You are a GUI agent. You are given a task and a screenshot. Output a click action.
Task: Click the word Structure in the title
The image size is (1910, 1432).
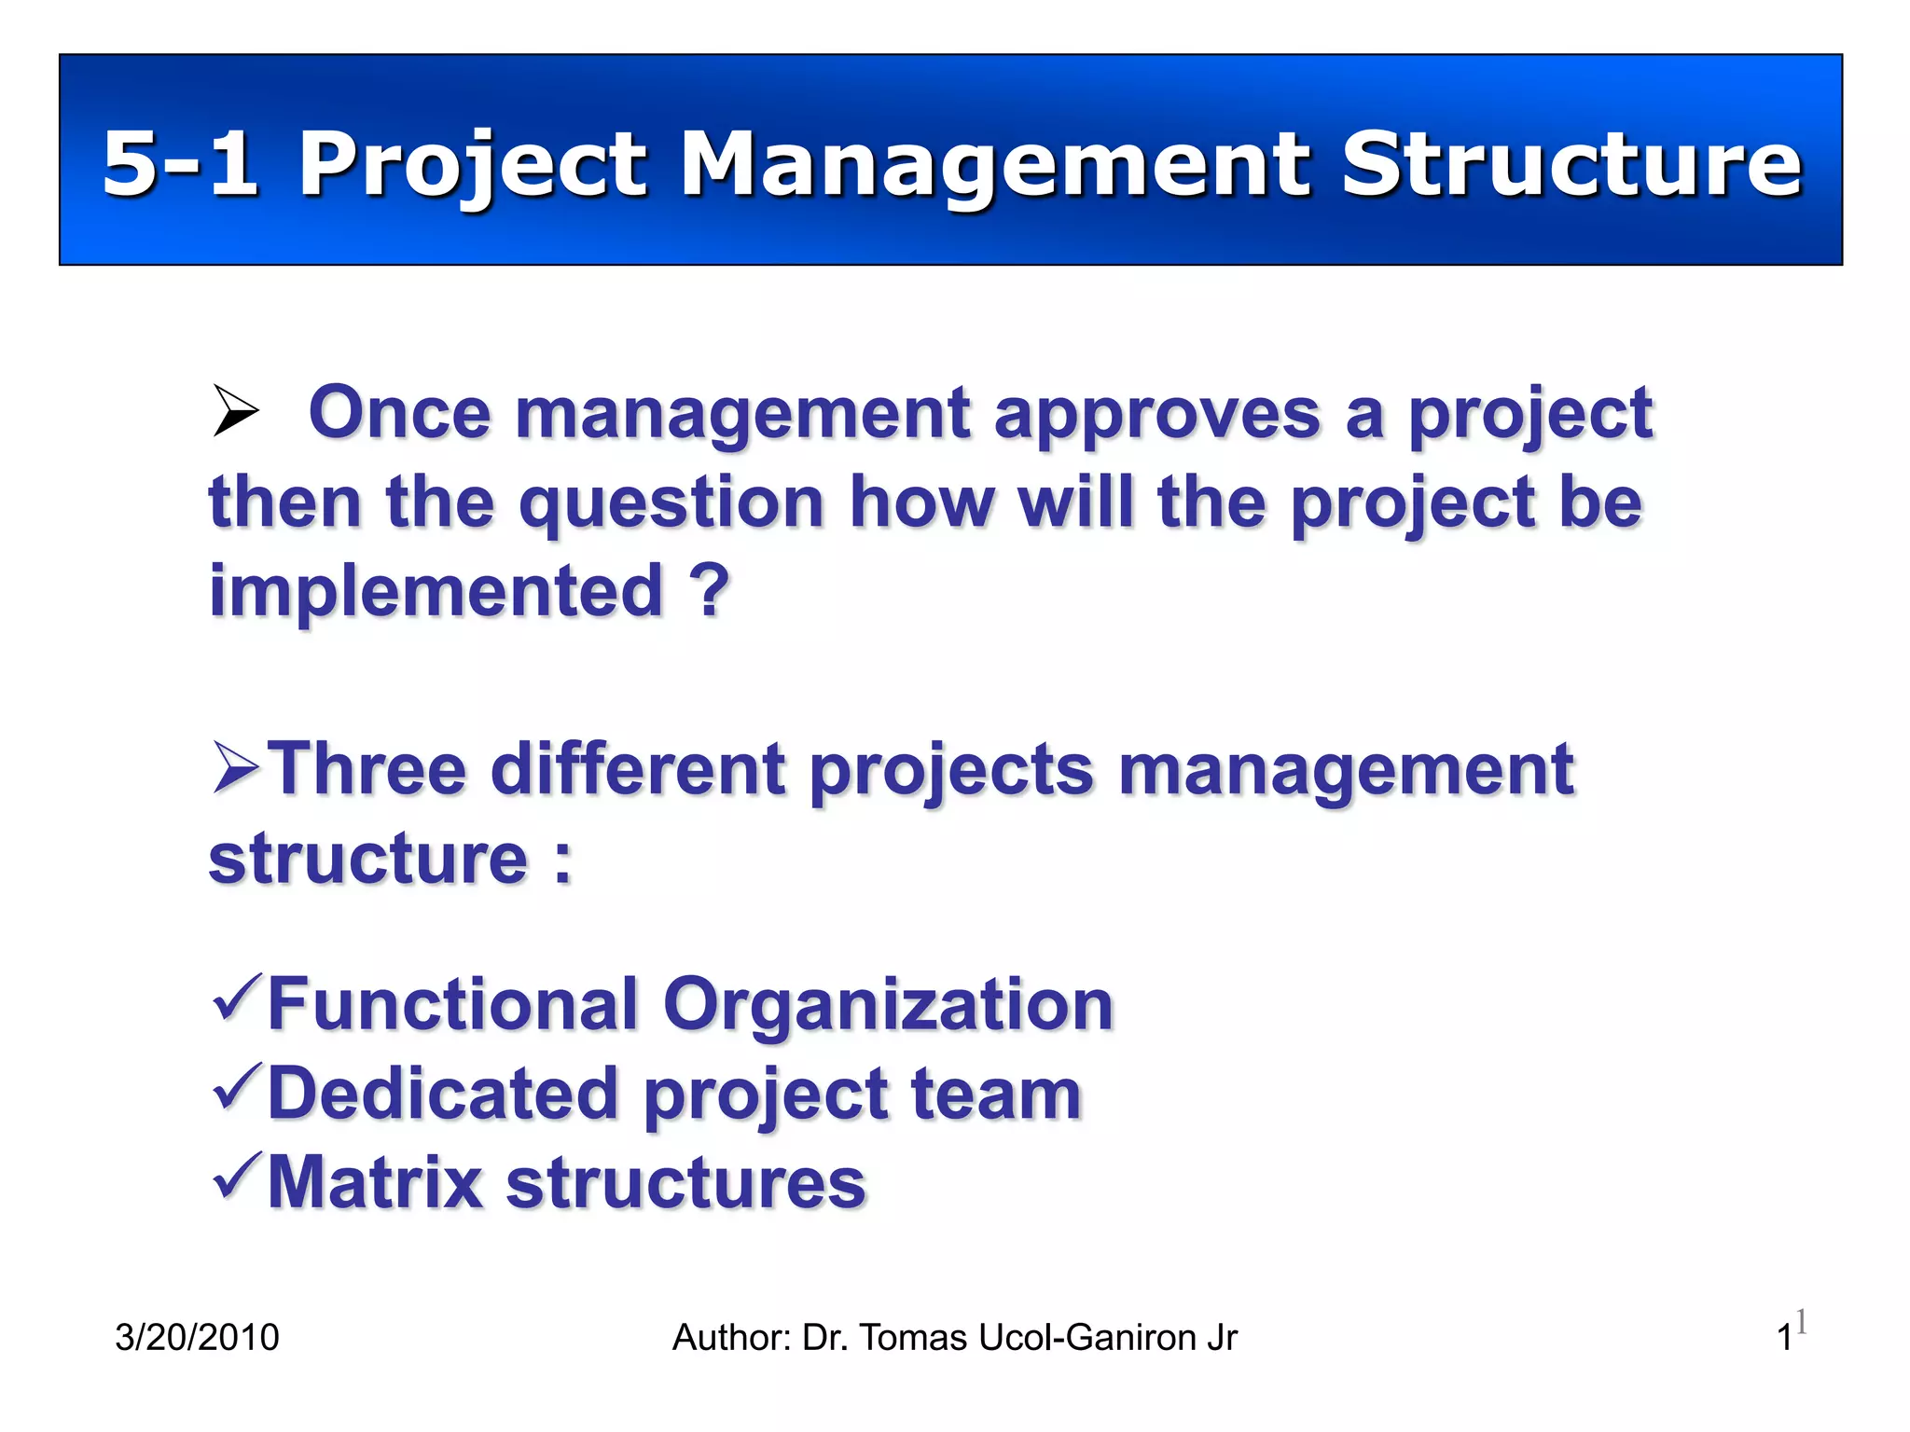(x=1571, y=164)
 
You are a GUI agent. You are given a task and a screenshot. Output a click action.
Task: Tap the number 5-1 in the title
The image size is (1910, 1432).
(x=180, y=164)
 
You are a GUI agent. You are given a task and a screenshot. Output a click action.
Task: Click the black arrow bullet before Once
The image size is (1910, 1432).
(x=235, y=410)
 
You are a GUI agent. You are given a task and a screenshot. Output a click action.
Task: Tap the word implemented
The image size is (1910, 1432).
(x=436, y=591)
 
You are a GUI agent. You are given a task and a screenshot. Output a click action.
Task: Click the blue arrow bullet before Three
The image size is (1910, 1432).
(x=235, y=766)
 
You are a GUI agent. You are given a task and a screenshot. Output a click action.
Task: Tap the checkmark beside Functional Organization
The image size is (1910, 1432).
(x=237, y=997)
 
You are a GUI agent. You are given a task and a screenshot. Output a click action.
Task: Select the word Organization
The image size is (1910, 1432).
(x=888, y=1005)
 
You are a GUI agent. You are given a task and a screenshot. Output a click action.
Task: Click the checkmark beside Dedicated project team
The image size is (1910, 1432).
(x=237, y=1086)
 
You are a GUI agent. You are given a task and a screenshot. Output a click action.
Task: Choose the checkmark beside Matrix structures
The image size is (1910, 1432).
(x=237, y=1176)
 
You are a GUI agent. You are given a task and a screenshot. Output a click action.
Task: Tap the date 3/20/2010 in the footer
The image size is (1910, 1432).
(x=197, y=1338)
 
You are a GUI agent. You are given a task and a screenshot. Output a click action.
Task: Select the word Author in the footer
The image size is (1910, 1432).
(x=731, y=1338)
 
